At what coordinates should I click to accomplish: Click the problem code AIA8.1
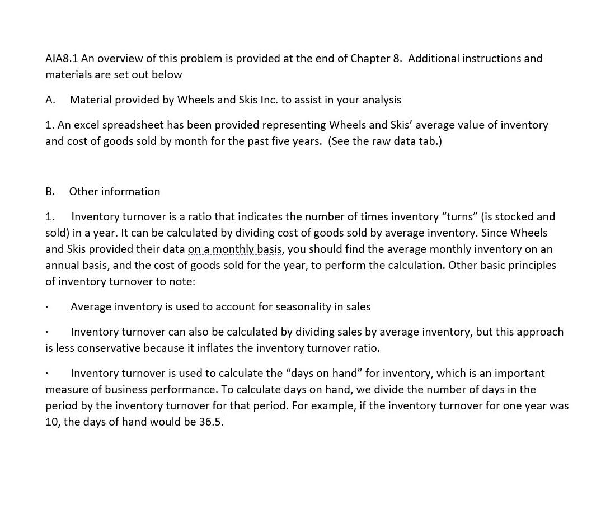pos(62,59)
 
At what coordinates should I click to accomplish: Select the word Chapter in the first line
pos(369,59)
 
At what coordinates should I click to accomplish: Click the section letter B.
pos(50,192)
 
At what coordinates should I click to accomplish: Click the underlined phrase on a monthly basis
pos(235,249)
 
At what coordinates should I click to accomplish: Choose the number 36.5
pos(211,422)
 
